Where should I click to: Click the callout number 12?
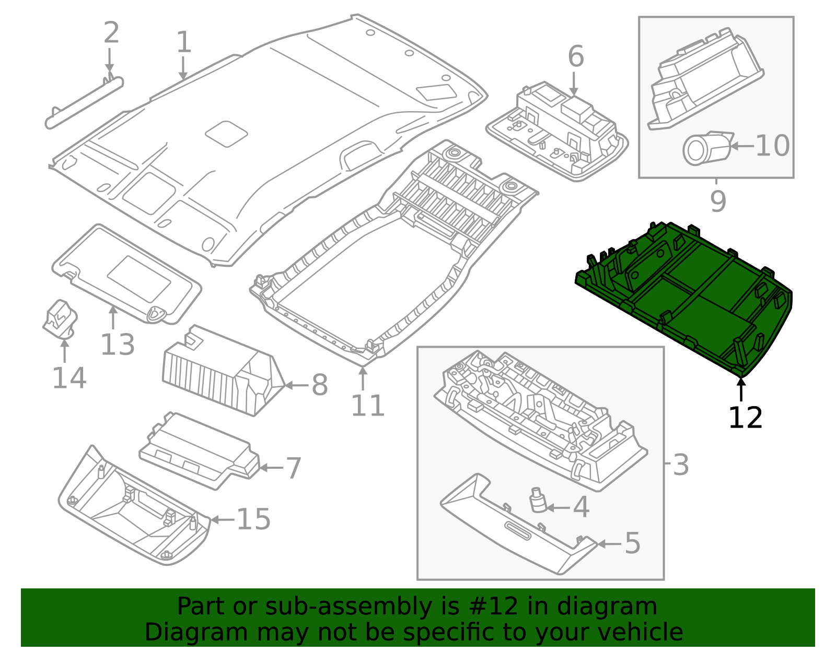point(745,418)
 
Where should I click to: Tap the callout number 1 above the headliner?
point(184,42)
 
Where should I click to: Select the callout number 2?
point(111,33)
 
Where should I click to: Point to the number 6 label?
point(576,56)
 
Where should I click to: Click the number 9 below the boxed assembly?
point(718,201)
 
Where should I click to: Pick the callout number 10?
point(773,146)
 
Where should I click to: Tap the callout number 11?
point(368,406)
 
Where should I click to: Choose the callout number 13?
point(118,344)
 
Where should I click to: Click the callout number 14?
point(69,378)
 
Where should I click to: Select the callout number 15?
point(254,519)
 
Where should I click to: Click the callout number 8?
point(320,385)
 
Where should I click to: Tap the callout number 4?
point(581,507)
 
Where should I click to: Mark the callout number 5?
point(632,543)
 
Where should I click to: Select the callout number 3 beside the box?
point(681,465)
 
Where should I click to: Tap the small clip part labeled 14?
point(60,319)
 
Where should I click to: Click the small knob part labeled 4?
point(538,500)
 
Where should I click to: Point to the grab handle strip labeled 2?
point(84,103)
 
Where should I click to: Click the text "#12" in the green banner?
point(494,607)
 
